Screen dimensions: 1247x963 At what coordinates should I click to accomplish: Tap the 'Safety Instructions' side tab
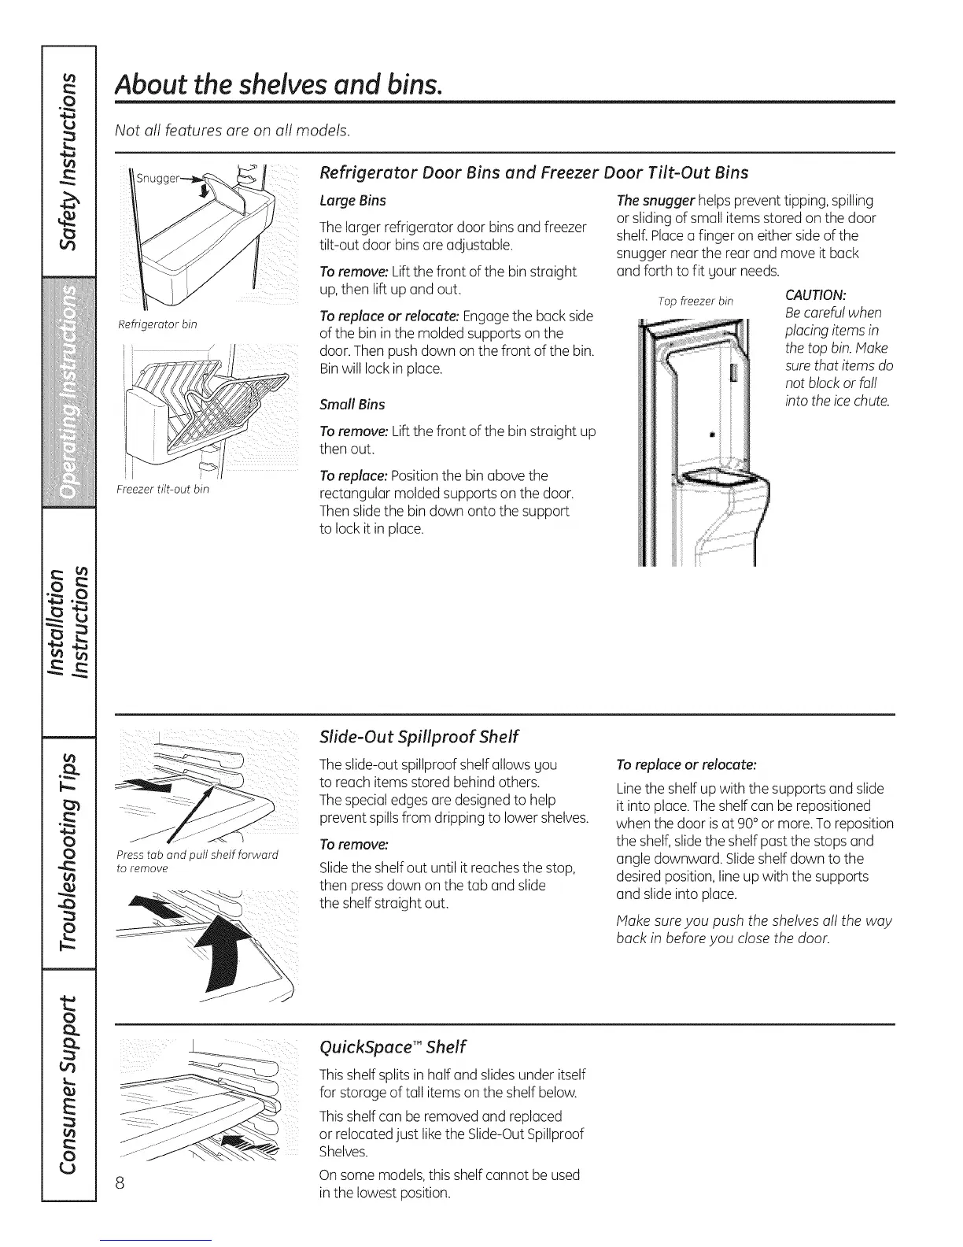tap(69, 157)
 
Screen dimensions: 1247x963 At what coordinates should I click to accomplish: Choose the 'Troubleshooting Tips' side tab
tap(69, 847)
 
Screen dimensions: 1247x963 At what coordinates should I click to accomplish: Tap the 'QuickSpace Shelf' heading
tap(393, 1047)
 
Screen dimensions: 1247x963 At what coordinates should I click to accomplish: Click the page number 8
tap(120, 1183)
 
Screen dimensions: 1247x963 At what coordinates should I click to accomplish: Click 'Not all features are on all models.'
tap(232, 130)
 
